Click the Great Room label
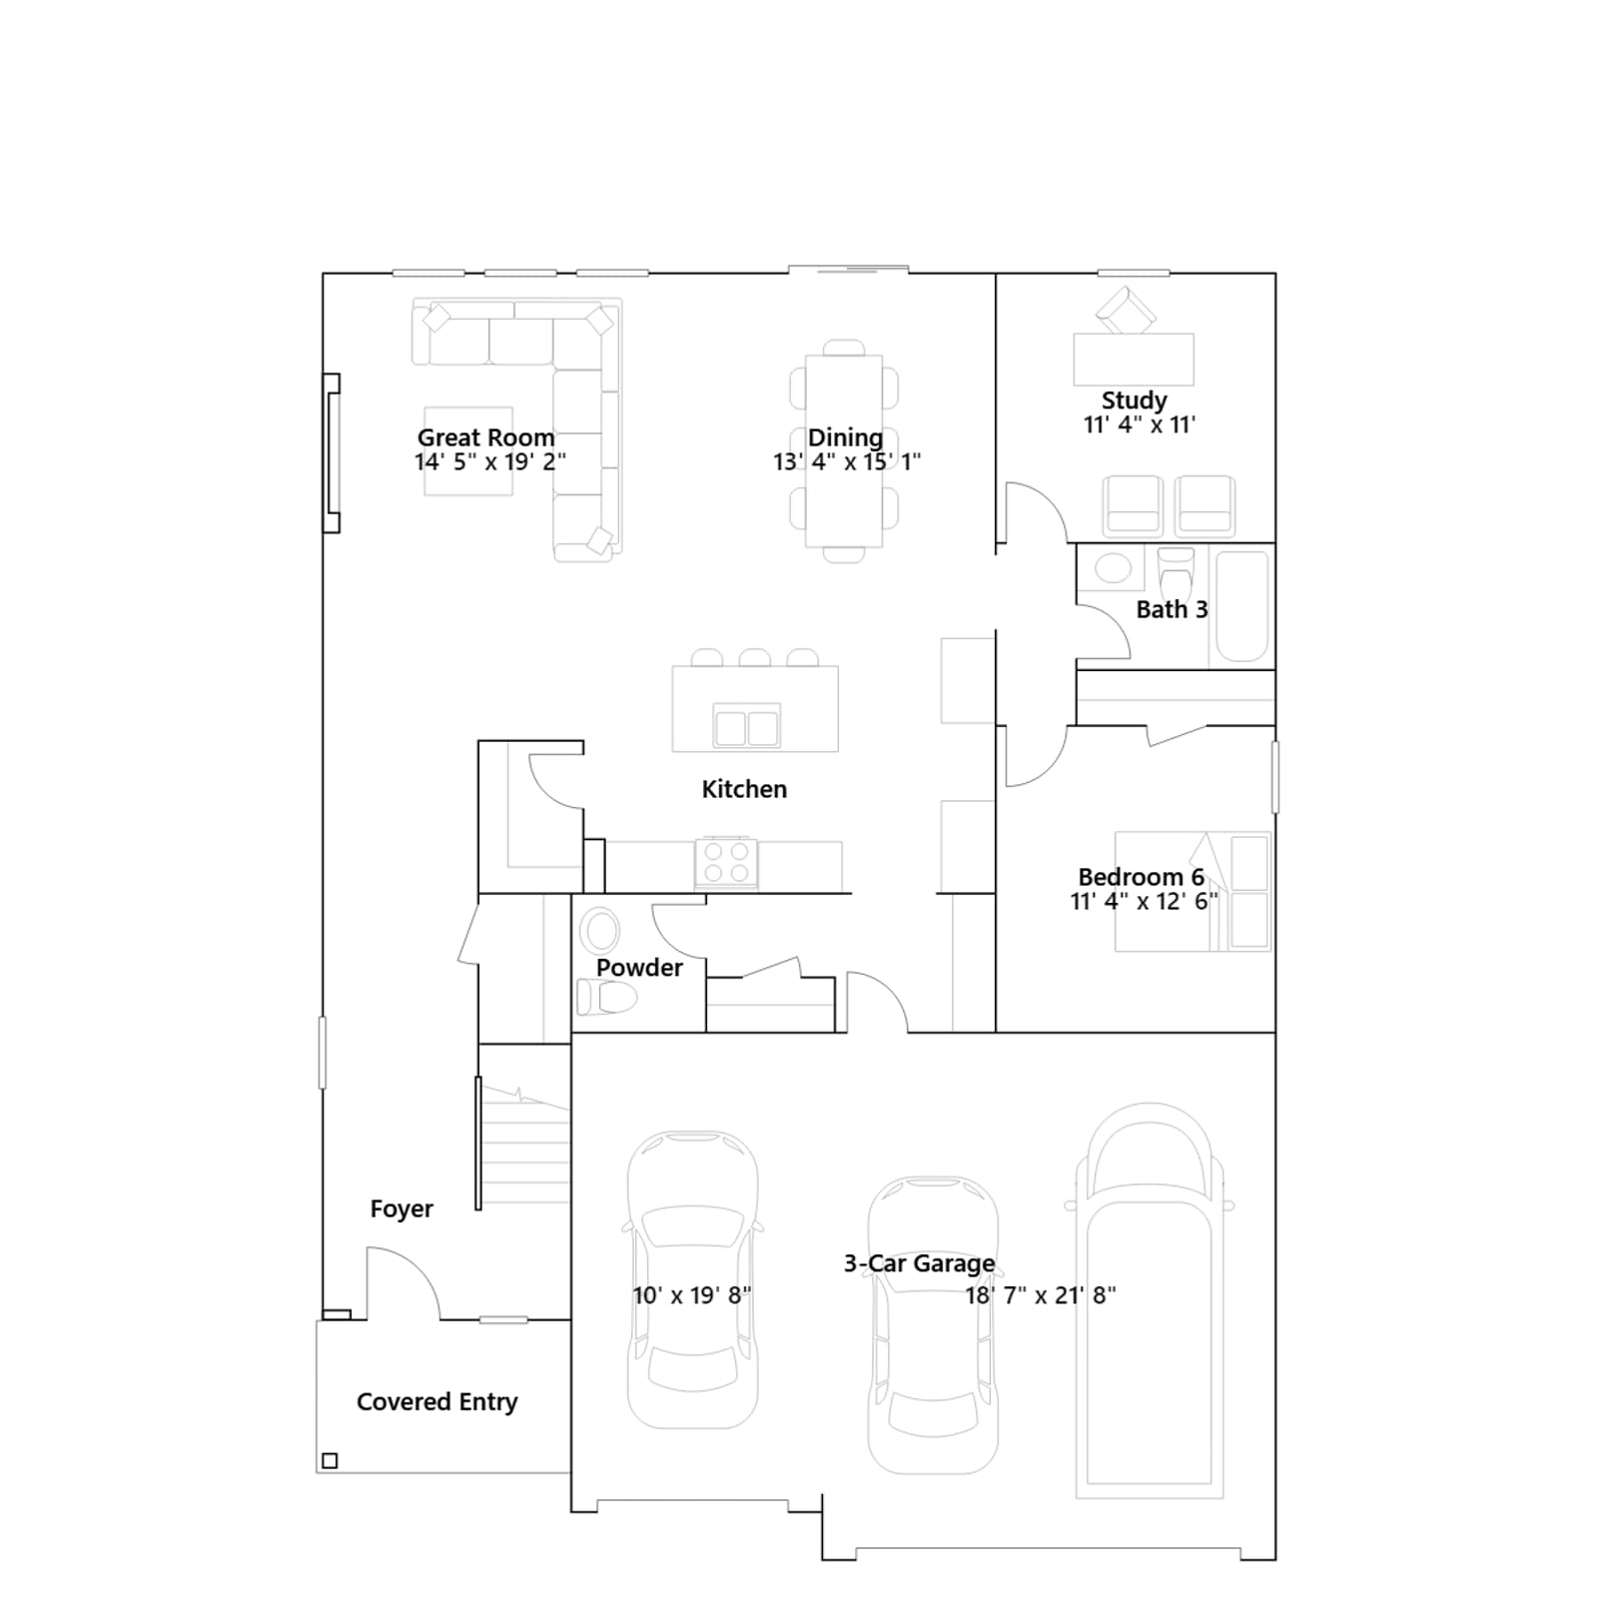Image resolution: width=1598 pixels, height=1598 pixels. click(x=485, y=437)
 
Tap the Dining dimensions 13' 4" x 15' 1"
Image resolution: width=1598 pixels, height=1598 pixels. click(x=847, y=461)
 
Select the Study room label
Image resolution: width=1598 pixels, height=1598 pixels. click(x=1134, y=400)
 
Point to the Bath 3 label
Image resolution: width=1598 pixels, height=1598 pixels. click(x=1172, y=609)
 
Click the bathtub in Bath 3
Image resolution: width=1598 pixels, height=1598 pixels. click(x=1241, y=606)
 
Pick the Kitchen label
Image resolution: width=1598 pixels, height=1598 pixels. click(x=744, y=789)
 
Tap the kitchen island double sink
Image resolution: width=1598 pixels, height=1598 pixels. click(x=746, y=726)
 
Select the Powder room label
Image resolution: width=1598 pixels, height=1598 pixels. click(x=639, y=968)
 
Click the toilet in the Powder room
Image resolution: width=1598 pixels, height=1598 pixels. click(x=607, y=997)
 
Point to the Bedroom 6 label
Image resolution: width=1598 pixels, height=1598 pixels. click(x=1142, y=877)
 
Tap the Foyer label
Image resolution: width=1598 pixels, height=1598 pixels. click(x=401, y=1208)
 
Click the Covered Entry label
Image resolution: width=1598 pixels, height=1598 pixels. click(x=437, y=1402)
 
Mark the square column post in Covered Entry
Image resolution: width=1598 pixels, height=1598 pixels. click(x=330, y=1461)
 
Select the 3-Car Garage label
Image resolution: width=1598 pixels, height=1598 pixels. click(x=919, y=1263)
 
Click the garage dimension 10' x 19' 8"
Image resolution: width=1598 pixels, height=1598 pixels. click(x=692, y=1295)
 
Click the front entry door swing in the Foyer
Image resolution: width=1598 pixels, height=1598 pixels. click(x=403, y=1268)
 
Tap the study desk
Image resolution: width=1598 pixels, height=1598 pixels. click(x=1134, y=360)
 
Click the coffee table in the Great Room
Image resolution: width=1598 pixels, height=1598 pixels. click(x=468, y=451)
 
